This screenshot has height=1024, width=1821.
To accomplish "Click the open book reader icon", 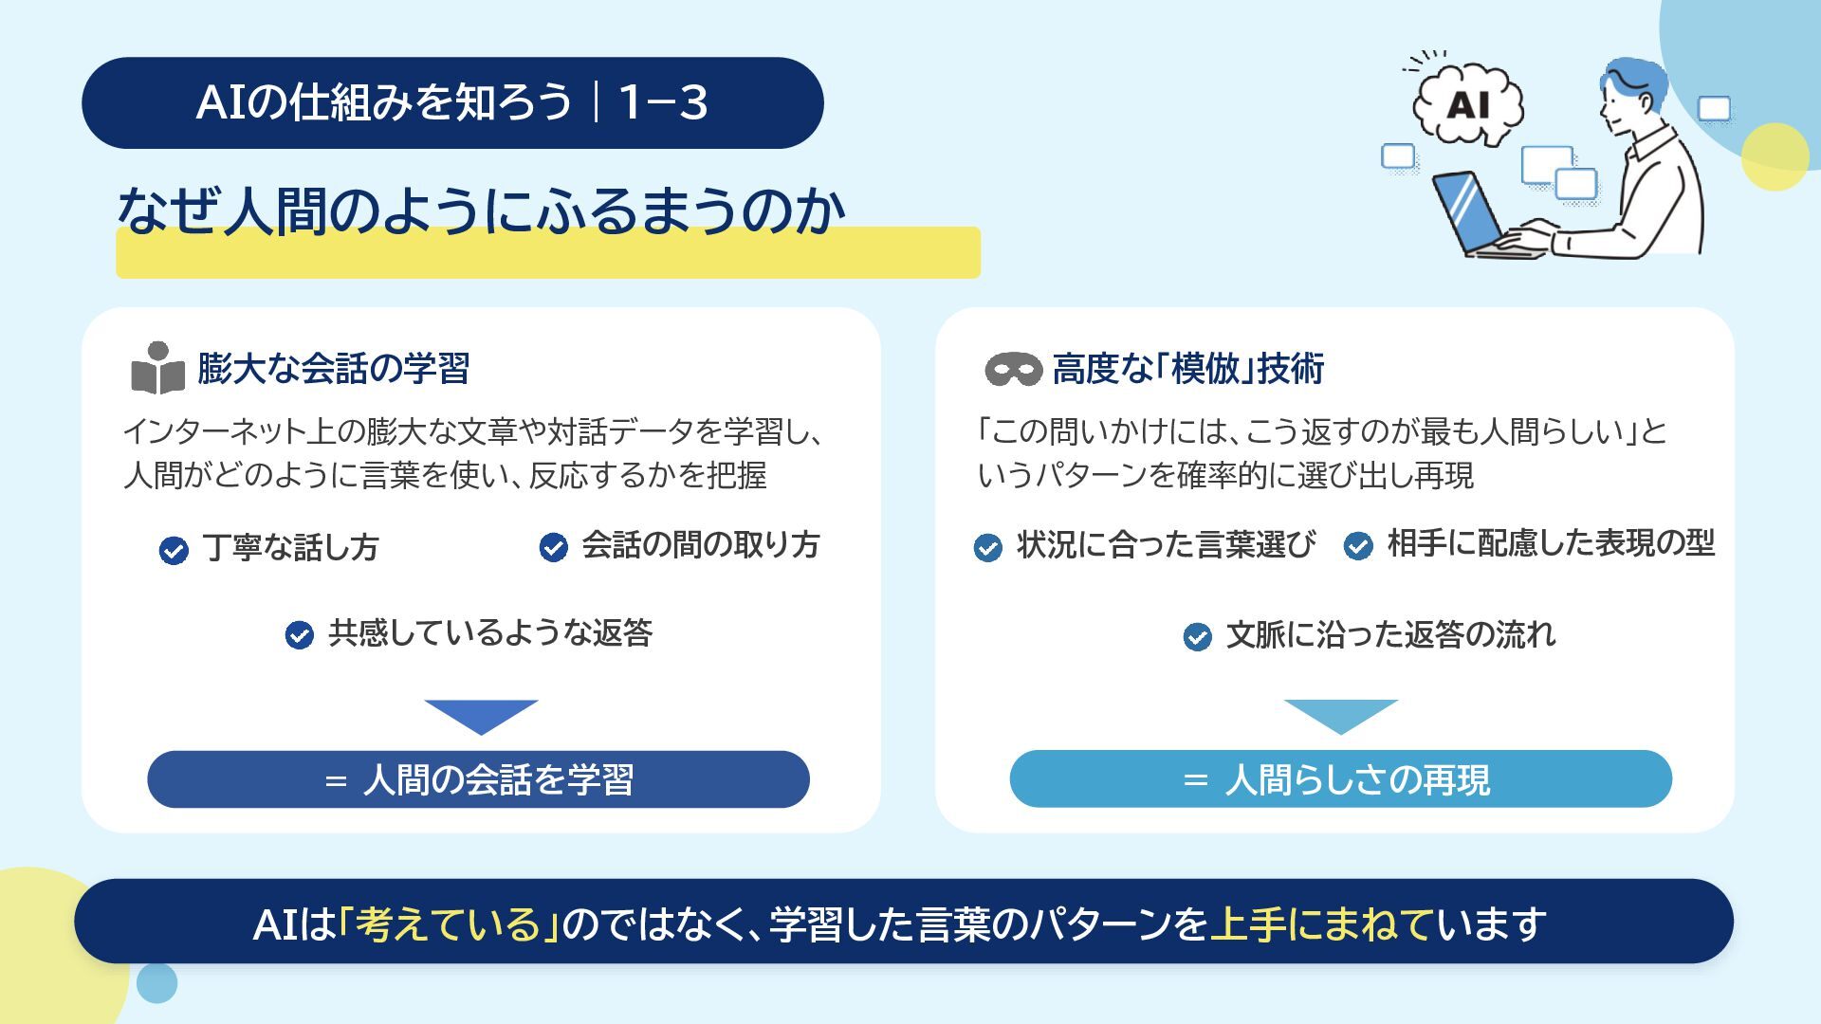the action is pos(157,368).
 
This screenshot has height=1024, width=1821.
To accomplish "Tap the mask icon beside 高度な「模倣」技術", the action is pos(1013,369).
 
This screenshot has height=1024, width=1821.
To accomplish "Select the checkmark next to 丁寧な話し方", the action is pos(174,550).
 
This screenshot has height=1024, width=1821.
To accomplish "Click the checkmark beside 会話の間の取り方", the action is pos(553,547).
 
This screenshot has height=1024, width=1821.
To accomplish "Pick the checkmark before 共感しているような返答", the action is pos(299,634).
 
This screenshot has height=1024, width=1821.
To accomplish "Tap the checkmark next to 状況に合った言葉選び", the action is pos(987,547).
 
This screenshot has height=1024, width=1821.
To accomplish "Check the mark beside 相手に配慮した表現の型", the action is pos(1358,546).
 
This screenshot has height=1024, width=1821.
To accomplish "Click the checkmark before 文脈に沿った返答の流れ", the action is pos(1197,636).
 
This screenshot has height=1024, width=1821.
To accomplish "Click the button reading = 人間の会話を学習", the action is pos(478,779).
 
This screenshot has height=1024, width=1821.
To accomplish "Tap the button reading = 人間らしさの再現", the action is pos(1340,779).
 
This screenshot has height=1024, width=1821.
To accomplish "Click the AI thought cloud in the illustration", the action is pos(1467,103).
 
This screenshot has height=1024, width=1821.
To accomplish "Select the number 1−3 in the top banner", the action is pos(663,102).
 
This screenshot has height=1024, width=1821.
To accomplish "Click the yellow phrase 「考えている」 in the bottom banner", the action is pos(448,923).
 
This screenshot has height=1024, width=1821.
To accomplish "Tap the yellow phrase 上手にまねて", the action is pos(1321,923).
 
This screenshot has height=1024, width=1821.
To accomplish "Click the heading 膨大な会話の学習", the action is pos(334,368).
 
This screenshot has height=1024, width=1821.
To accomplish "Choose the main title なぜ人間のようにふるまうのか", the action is pos(481,210).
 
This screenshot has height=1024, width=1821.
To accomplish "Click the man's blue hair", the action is pos(1636,78).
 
